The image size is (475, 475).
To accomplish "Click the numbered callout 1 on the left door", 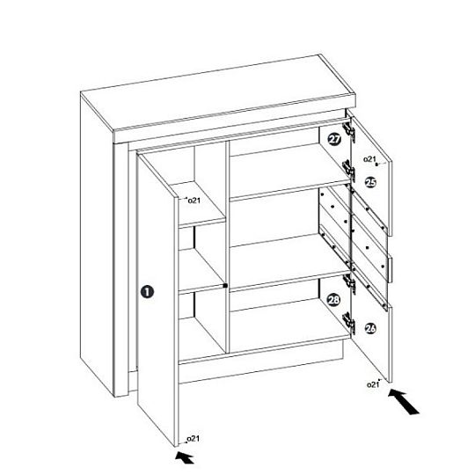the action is [x=147, y=292].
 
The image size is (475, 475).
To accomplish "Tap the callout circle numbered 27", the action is [x=334, y=139].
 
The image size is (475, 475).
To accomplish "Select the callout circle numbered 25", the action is [x=370, y=182].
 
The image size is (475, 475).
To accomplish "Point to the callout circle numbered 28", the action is [x=334, y=300].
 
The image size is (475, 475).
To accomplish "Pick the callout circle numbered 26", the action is [x=371, y=328].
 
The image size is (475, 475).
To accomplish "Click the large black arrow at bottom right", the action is [x=404, y=401].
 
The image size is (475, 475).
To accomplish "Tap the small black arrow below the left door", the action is [x=185, y=457].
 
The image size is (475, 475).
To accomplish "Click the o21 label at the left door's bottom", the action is [x=193, y=438].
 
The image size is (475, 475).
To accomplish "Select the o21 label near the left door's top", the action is [x=194, y=201].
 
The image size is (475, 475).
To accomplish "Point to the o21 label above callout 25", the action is [x=369, y=158].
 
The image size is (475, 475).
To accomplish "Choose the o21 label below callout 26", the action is [x=373, y=384].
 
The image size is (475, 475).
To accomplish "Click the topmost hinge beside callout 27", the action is [x=349, y=130].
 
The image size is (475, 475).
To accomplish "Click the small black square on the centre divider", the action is [x=225, y=285].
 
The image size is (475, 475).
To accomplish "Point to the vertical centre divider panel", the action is [x=228, y=247].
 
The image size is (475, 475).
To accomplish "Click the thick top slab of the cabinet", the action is [x=218, y=99].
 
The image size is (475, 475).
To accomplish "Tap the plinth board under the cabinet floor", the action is [x=261, y=362].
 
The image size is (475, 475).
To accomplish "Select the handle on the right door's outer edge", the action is [x=391, y=270].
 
